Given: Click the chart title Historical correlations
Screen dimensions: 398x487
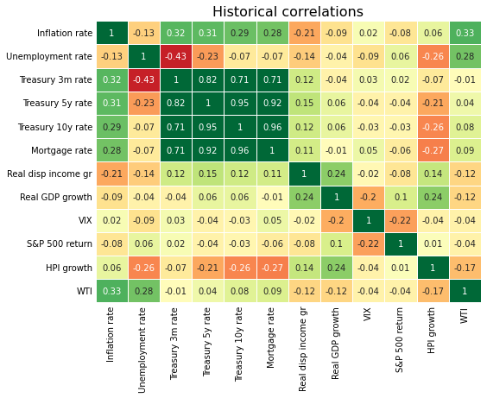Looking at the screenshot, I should (288, 12).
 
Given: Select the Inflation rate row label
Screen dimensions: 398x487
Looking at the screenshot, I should (64, 34).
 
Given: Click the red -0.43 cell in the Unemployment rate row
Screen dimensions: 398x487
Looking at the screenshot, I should (175, 57).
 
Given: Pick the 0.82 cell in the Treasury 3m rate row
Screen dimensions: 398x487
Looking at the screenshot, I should (207, 79).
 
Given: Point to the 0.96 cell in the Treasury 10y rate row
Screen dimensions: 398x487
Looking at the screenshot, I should (272, 127).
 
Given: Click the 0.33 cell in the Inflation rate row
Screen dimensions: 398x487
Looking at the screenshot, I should (465, 34).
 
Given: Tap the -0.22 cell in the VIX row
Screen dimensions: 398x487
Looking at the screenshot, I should (401, 221).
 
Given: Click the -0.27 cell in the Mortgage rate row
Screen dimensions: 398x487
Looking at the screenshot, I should (433, 150).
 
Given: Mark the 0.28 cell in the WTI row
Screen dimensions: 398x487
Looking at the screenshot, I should (143, 291).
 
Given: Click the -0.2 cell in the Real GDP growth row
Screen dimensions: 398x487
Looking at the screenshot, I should (369, 198).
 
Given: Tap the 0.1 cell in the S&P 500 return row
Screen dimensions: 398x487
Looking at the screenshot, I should (336, 244).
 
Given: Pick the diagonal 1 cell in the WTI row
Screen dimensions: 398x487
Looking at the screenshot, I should (465, 291).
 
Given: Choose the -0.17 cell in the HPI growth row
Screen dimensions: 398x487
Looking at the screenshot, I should (465, 268).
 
